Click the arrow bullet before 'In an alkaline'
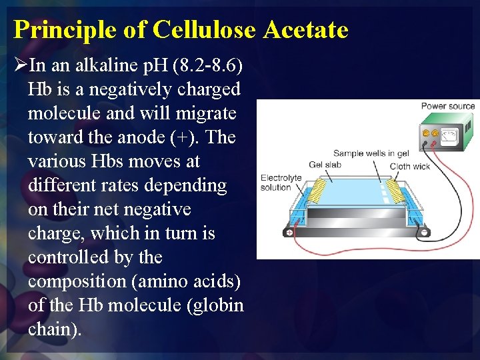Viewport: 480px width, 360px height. point(20,65)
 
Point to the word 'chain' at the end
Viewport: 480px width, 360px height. point(50,329)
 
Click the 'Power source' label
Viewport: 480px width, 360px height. point(447,106)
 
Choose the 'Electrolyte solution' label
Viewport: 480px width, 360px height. point(281,183)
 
